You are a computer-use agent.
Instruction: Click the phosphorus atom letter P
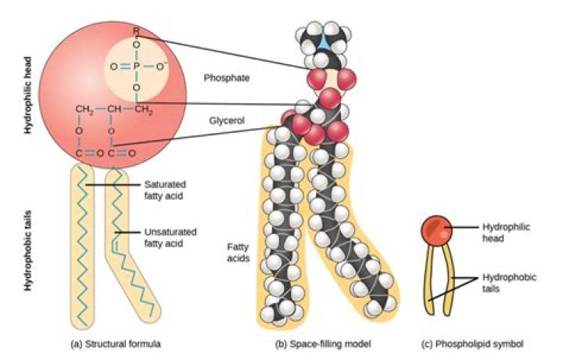tap(136, 67)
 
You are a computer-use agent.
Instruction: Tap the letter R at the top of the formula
tap(136, 31)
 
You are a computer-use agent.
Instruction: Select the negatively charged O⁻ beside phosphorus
tap(160, 66)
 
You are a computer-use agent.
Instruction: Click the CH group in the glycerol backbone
tap(114, 109)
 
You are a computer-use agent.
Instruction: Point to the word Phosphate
tap(227, 78)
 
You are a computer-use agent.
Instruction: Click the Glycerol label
tap(227, 121)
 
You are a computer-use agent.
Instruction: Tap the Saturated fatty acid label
tap(165, 190)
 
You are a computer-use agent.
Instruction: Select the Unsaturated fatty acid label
tap(170, 237)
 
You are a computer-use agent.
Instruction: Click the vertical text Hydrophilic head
tap(27, 95)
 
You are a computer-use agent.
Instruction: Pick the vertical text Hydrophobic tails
tap(27, 250)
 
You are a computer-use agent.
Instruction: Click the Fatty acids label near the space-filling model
tap(238, 253)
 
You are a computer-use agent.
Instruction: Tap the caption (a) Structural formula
tap(116, 344)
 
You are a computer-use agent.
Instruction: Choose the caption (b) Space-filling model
tap(323, 344)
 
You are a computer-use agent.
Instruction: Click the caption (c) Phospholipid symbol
tap(472, 344)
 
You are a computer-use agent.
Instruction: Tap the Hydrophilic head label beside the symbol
tap(506, 232)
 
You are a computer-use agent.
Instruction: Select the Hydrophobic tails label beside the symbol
tap(509, 283)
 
